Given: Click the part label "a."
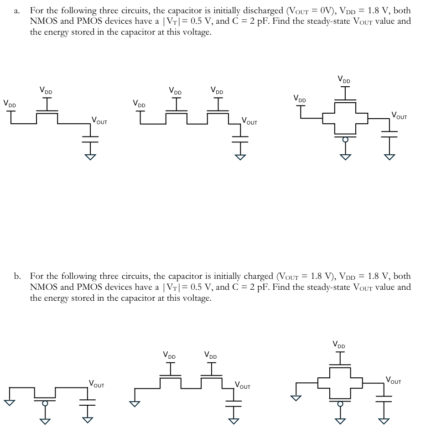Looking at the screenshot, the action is click(16, 10).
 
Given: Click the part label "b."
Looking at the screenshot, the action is click(17, 276).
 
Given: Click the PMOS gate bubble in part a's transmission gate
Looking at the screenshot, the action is click(345, 139).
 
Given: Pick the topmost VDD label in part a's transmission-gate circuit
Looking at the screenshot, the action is click(345, 80).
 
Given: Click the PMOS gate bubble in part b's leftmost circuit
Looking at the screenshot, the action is click(45, 403).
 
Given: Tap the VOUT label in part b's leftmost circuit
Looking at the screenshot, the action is click(96, 384).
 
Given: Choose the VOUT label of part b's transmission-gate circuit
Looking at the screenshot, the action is click(393, 380).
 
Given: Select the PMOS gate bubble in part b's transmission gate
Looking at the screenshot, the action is click(339, 404).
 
